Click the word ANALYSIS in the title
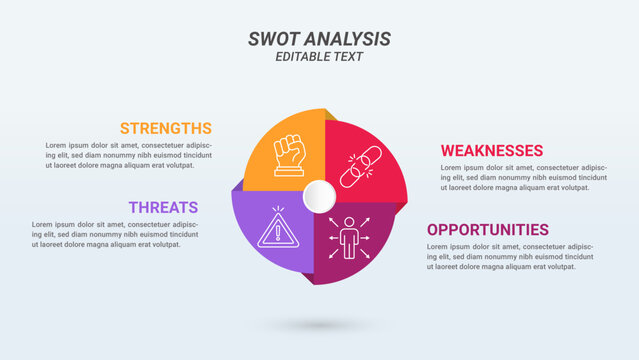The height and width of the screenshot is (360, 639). coord(348,39)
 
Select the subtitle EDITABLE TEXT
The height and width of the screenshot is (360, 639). coord(319,57)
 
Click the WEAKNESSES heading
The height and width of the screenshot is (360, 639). coord(492,150)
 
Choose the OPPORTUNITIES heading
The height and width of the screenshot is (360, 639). coord(488,229)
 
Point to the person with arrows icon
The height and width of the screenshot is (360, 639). coord(349,237)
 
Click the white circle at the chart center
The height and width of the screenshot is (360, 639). coord(319,196)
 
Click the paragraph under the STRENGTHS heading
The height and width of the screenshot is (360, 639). coord(128,155)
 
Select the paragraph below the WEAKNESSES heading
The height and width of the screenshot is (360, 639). coord(522,177)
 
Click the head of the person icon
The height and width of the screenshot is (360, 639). coord(349,221)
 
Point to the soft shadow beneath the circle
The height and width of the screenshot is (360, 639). coord(319,325)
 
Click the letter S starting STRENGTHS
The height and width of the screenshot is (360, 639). coord(125,128)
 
